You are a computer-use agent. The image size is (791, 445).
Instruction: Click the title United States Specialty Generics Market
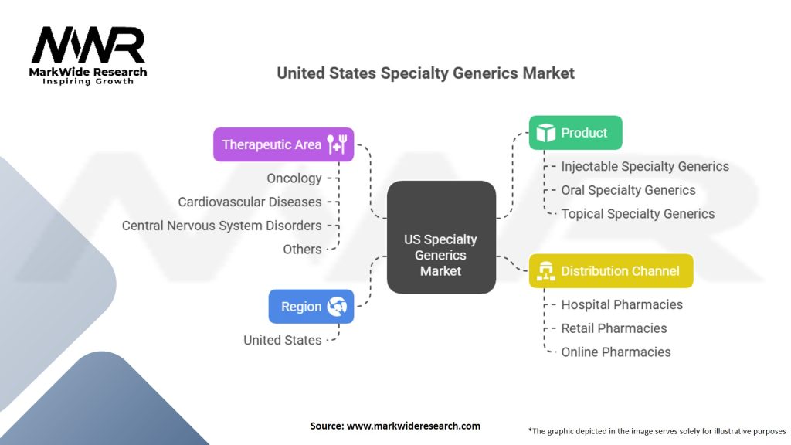426,73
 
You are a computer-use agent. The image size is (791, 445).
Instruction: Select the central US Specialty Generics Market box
441,237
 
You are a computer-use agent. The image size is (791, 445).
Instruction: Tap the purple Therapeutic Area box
283,144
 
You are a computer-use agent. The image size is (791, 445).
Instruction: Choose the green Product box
575,133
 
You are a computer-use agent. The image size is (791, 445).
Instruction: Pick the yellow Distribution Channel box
610,270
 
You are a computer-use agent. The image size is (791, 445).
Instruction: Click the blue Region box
311,306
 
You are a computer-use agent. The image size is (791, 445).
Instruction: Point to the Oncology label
294,178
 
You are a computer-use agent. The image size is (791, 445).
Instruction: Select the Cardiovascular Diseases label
250,202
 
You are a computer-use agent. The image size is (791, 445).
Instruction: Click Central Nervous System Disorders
222,226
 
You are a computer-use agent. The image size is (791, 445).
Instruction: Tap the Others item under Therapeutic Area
302,249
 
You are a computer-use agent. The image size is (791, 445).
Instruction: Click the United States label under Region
282,340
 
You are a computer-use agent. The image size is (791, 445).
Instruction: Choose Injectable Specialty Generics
644,166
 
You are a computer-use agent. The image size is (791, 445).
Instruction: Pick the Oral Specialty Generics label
628,190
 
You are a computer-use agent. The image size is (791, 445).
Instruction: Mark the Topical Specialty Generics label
637,214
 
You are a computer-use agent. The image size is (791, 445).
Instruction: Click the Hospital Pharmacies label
622,304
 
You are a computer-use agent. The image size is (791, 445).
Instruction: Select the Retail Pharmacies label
613,328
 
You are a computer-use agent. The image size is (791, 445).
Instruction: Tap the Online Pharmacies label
616,352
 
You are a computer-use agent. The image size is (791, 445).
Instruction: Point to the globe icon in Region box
337,307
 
